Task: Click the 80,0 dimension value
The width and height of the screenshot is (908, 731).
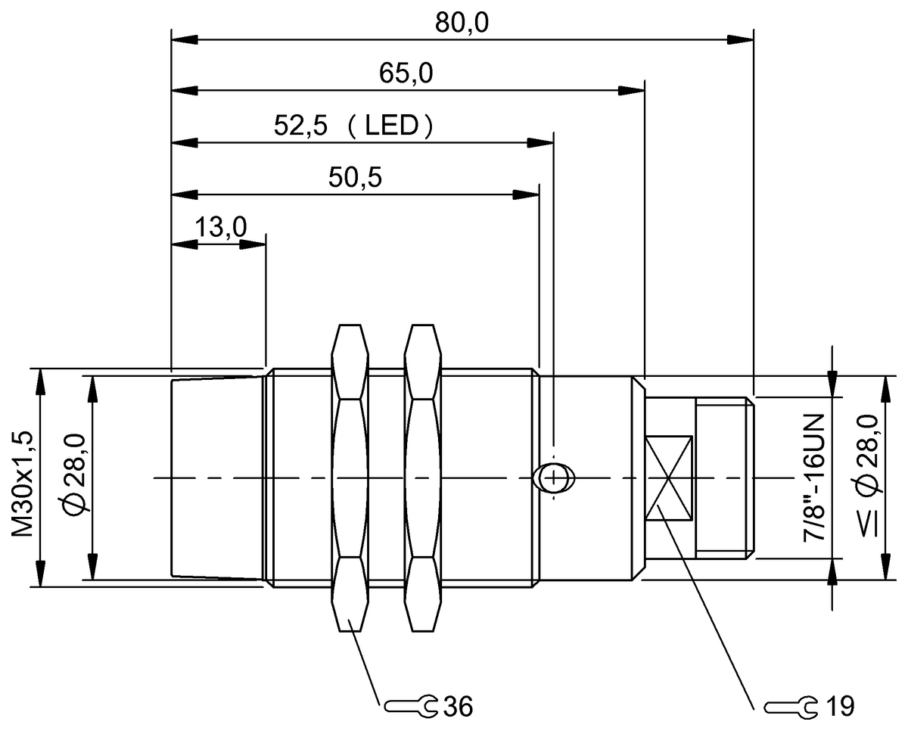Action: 462,23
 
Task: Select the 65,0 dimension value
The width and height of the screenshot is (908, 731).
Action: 406,74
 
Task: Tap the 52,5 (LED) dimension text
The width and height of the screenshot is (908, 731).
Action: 354,125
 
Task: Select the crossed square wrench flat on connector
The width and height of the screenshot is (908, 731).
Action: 669,477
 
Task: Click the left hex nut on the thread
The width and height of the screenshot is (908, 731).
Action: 350,478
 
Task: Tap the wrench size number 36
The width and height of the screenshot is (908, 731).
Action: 459,707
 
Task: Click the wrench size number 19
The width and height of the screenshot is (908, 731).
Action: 839,707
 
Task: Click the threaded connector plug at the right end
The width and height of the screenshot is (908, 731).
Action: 724,478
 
